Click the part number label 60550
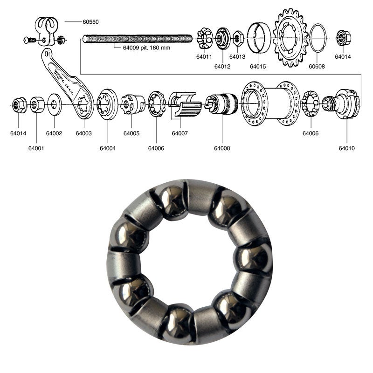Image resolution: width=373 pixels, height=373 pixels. click(91, 22)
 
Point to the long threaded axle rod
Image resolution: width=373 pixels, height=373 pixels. click(138, 39)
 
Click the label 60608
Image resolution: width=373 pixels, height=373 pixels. click(317, 67)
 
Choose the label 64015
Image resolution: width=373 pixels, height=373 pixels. click(258, 67)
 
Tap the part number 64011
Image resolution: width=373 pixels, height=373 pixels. click(204, 57)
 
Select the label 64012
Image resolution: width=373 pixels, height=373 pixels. click(222, 67)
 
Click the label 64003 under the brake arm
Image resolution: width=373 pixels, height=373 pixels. click(84, 133)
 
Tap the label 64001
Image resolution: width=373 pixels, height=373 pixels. click(36, 148)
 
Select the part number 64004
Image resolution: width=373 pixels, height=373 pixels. click(108, 148)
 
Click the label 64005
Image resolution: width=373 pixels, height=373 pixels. click(131, 133)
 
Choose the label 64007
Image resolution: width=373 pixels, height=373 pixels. click(180, 133)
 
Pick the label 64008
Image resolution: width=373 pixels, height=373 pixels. click(222, 148)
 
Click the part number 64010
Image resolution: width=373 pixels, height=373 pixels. click(347, 148)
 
